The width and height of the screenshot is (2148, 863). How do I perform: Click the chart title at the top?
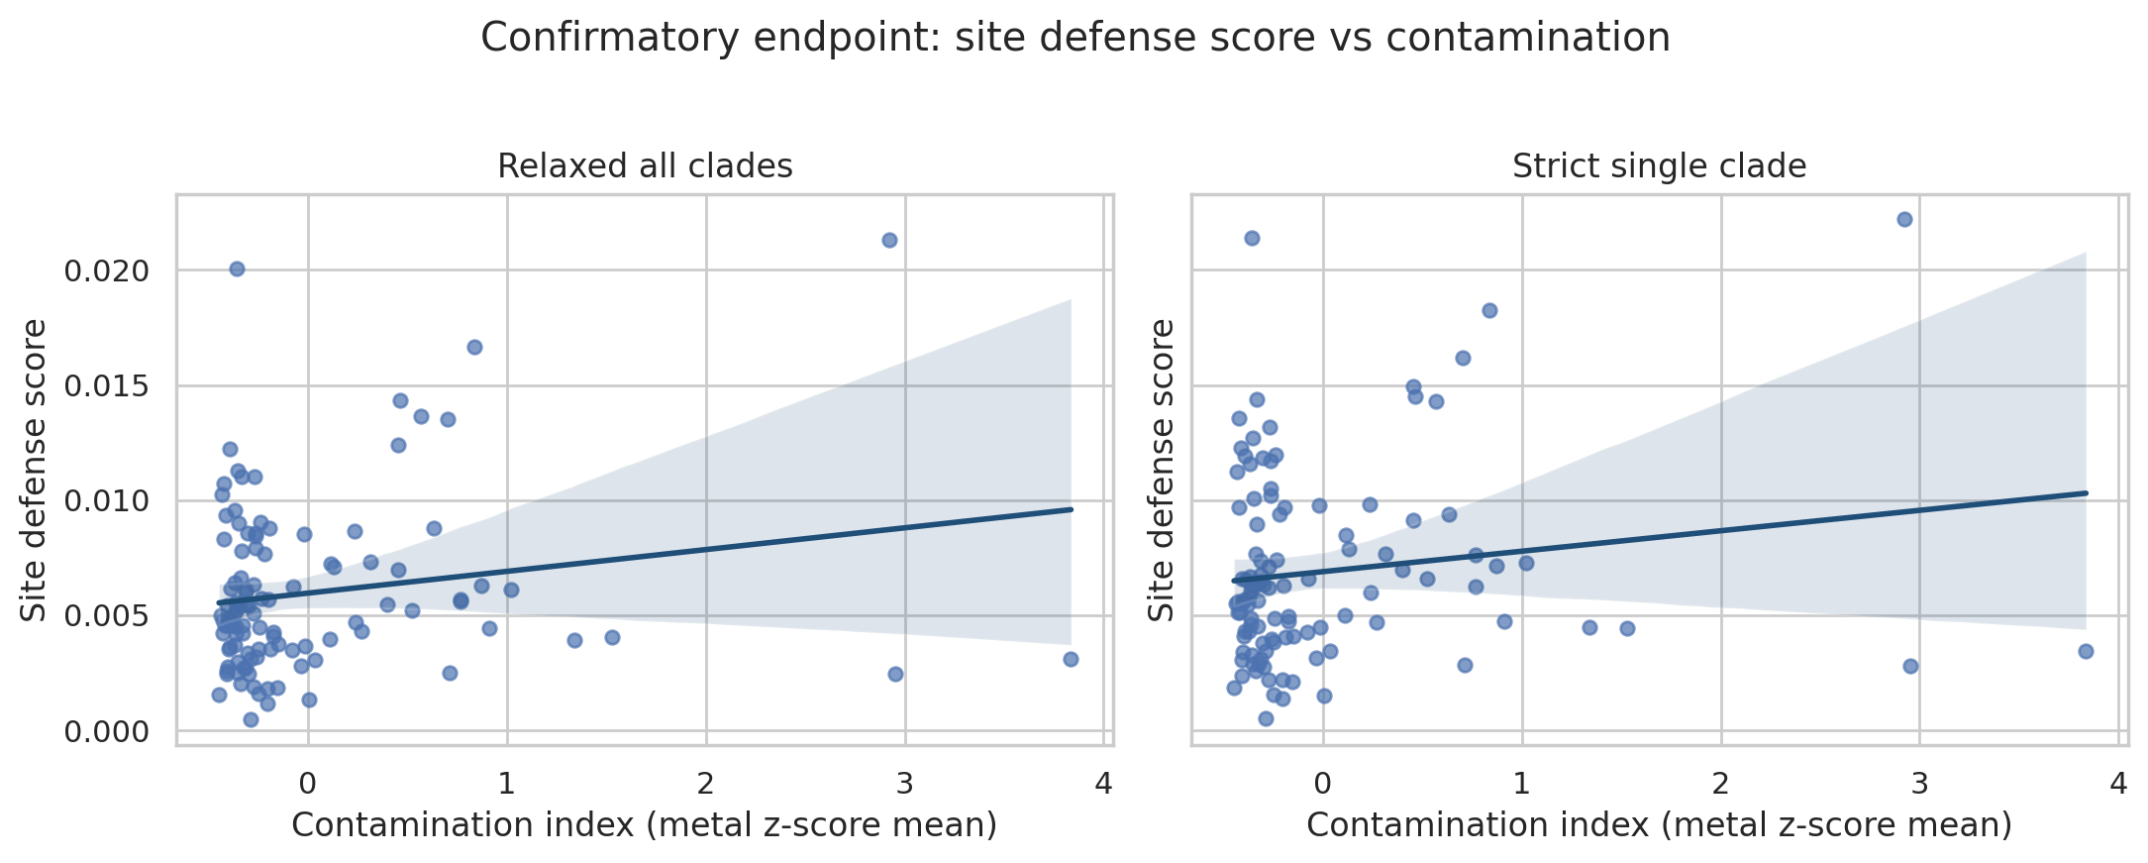click(x=1074, y=39)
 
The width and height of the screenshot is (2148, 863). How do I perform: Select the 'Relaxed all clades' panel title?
click(x=645, y=166)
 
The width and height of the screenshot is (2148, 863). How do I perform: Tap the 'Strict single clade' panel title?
click(x=1659, y=166)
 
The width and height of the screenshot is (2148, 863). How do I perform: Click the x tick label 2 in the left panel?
click(x=706, y=785)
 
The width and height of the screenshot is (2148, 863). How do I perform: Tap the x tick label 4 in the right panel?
click(x=2118, y=785)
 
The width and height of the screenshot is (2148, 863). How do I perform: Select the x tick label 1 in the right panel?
click(x=1521, y=785)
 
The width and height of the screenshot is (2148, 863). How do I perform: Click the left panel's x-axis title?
click(x=644, y=825)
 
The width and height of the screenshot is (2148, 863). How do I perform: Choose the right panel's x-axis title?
click(x=1659, y=825)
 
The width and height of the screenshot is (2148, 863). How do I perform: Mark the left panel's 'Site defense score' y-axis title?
click(x=35, y=470)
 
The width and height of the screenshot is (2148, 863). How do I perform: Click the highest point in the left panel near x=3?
click(x=889, y=240)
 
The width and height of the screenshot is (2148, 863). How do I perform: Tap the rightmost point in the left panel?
click(x=1071, y=659)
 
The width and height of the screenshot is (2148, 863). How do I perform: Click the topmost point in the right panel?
click(x=1904, y=219)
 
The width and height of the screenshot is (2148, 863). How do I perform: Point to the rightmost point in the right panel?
click(x=2086, y=651)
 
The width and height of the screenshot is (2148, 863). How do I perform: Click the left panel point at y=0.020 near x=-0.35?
click(x=237, y=269)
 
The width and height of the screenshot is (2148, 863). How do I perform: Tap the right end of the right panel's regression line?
click(x=2086, y=492)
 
